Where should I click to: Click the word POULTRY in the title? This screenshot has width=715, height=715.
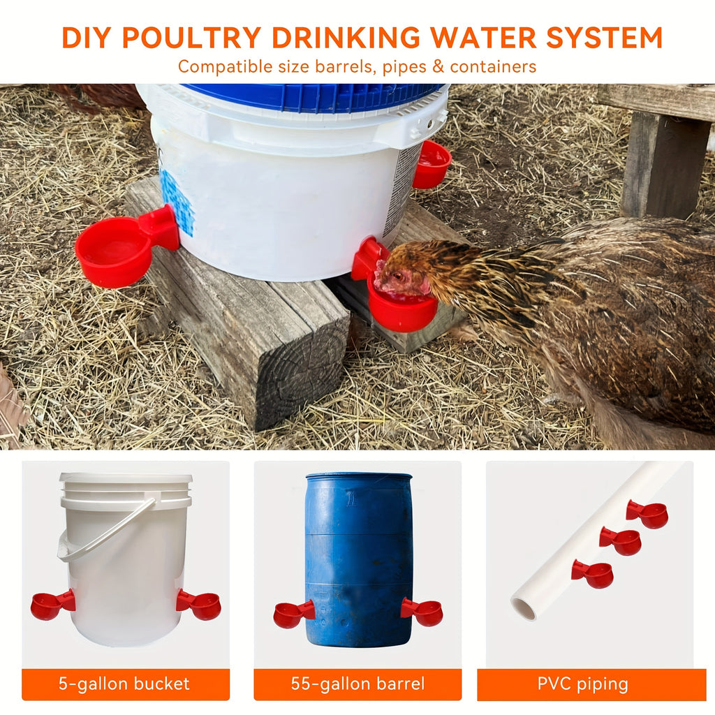click(x=191, y=38)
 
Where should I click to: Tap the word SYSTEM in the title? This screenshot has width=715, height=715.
click(x=604, y=38)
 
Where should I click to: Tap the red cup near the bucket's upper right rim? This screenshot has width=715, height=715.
click(x=432, y=164)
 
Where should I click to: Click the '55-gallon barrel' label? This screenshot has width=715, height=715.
click(x=357, y=684)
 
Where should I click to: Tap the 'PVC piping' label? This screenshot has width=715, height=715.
click(x=583, y=684)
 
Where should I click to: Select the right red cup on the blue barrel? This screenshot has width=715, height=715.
click(x=422, y=612)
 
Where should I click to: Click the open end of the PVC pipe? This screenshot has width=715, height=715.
click(x=524, y=610)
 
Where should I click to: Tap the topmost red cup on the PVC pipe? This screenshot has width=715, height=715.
click(x=647, y=514)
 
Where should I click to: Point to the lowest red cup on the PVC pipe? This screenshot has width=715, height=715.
click(x=592, y=574)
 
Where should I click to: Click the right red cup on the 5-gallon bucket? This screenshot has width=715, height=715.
click(x=199, y=605)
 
